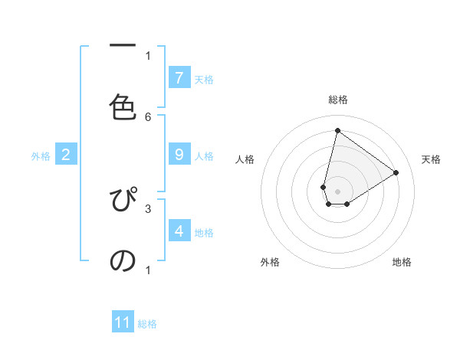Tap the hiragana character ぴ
pyautogui.click(x=123, y=201)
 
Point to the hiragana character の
pyautogui.click(x=123, y=260)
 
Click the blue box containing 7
pyautogui.click(x=179, y=77)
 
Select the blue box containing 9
pyautogui.click(x=179, y=155)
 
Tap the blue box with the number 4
pyautogui.click(x=179, y=231)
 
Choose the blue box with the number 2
pyautogui.click(x=66, y=155)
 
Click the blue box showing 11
pyautogui.click(x=123, y=322)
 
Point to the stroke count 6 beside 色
pyautogui.click(x=148, y=117)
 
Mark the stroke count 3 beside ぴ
pyautogui.click(x=148, y=208)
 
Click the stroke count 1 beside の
pyautogui.click(x=148, y=270)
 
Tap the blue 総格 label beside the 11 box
pyautogui.click(x=147, y=324)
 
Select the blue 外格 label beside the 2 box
pyautogui.click(x=41, y=156)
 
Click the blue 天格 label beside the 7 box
pyautogui.click(x=204, y=79)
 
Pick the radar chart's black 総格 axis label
pyautogui.click(x=337, y=100)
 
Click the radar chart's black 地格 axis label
pyautogui.click(x=402, y=263)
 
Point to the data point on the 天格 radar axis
pyautogui.click(x=396, y=172)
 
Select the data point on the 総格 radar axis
pyautogui.click(x=337, y=130)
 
